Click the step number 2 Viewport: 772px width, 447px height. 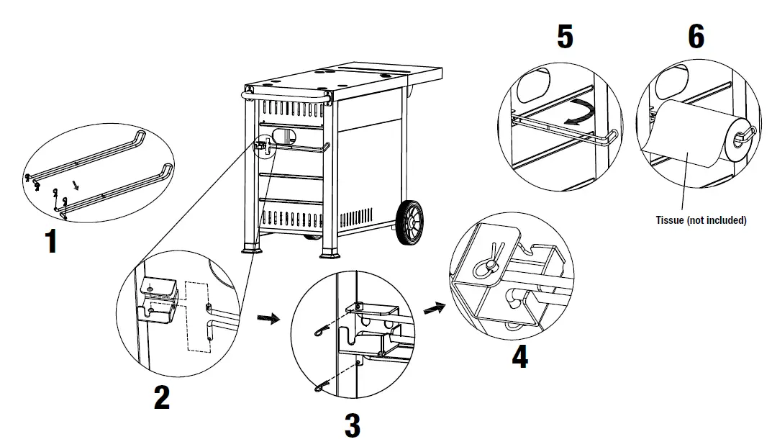click(162, 397)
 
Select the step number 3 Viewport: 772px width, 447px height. click(351, 425)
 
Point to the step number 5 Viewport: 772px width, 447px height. click(566, 37)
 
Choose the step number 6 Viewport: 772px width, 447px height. click(696, 37)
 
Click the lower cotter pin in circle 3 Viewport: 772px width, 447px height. click(322, 388)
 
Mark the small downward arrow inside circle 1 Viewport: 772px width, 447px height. click(78, 185)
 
